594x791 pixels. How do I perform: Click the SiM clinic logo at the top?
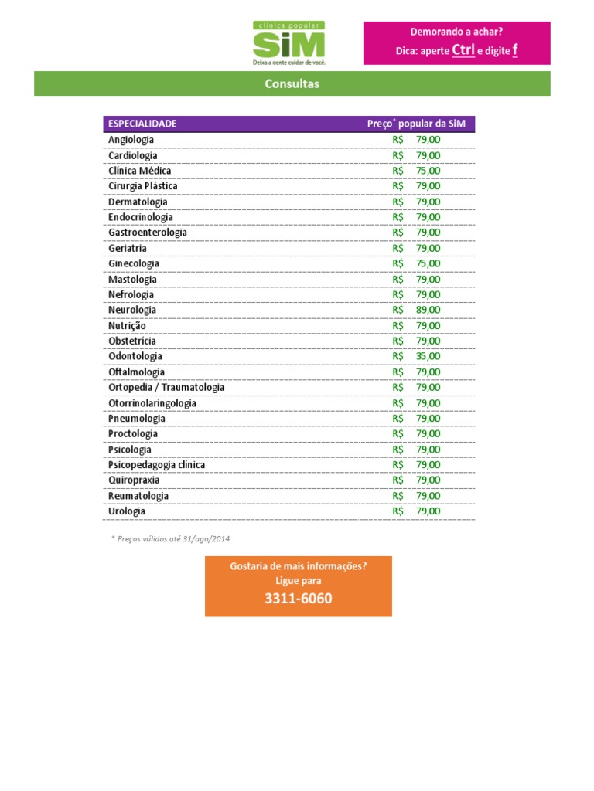[x=289, y=43]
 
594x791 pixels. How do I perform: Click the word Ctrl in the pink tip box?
[x=463, y=50]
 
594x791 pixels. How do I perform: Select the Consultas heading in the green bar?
[x=292, y=83]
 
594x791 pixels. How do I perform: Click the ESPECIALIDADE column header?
[x=142, y=124]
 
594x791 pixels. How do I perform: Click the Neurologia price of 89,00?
[x=428, y=310]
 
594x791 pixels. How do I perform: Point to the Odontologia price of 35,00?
[x=428, y=356]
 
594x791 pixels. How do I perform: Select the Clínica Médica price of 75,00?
[x=428, y=171]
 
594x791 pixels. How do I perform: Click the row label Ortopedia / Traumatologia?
[x=166, y=387]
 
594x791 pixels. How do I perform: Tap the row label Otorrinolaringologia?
[x=152, y=403]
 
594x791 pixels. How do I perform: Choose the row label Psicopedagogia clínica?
[x=156, y=465]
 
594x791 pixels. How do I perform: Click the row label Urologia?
[x=127, y=511]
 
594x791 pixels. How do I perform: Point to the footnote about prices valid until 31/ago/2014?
[x=170, y=538]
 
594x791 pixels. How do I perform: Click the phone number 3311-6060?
[x=298, y=599]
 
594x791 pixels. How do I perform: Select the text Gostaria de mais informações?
[x=298, y=566]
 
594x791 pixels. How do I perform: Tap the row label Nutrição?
[x=127, y=325]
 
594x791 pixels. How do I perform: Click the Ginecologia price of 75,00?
[x=428, y=263]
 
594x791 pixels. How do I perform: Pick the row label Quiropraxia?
[x=134, y=480]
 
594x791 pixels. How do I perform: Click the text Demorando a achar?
[x=456, y=32]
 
